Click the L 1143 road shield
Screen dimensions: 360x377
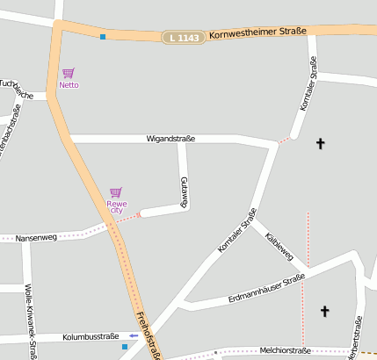[183, 37]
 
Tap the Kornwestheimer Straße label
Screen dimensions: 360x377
[257, 33]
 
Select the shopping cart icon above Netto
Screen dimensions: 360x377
[69, 73]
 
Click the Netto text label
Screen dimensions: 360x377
[69, 85]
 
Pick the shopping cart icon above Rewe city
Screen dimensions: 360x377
[115, 191]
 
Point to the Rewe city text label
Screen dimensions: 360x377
[116, 207]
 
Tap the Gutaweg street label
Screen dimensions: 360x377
[185, 191]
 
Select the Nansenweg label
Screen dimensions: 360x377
[37, 237]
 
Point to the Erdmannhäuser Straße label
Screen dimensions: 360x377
[265, 291]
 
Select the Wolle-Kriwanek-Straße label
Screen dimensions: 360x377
[30, 321]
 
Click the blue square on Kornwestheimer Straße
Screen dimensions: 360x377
[103, 37]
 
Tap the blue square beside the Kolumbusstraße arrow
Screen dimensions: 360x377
[124, 347]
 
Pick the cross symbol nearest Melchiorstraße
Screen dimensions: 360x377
[324, 310]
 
